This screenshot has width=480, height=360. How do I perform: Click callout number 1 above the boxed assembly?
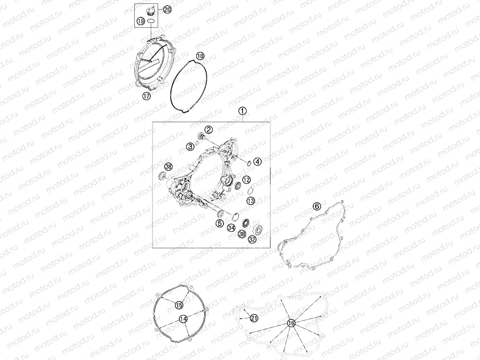(243, 111)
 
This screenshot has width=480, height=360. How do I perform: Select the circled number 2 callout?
(209, 130)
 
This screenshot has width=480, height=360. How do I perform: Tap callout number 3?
(191, 147)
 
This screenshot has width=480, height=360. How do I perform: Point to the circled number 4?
(258, 162)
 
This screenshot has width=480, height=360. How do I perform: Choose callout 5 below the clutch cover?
(220, 224)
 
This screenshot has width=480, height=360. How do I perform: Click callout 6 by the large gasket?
(317, 206)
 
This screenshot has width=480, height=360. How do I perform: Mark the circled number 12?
(246, 180)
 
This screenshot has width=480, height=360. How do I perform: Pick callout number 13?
(251, 201)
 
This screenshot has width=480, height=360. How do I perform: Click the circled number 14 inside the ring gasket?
(183, 319)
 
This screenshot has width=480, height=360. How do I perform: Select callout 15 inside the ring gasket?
(179, 305)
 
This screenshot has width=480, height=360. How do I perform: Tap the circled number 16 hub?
(291, 323)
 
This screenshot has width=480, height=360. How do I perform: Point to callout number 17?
(146, 96)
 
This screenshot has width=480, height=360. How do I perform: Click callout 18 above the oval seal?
(200, 56)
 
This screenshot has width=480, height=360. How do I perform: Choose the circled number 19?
(140, 21)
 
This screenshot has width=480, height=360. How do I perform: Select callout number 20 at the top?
(167, 10)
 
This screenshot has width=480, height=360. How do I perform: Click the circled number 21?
(254, 318)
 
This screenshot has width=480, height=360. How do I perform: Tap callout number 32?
(252, 240)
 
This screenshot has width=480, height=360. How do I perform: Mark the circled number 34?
(231, 228)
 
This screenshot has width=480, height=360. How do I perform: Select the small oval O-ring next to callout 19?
(151, 21)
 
